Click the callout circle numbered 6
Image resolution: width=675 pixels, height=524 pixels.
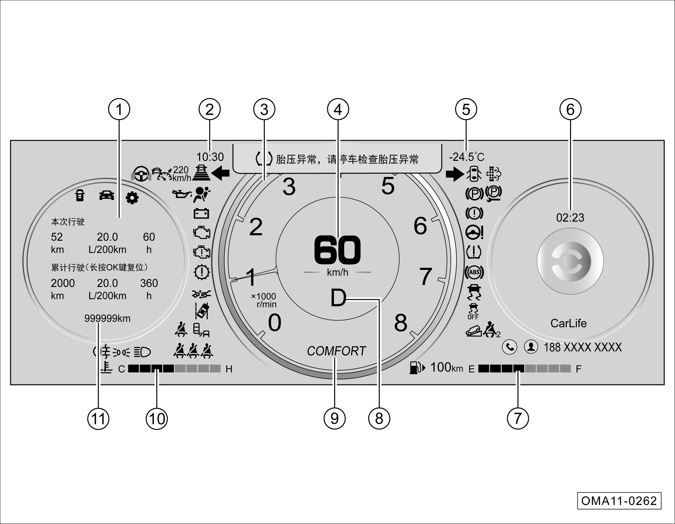(570, 109)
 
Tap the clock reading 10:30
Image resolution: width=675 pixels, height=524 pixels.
(210, 157)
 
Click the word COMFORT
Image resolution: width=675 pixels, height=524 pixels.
(336, 351)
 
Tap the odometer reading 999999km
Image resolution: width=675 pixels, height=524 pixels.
(107, 318)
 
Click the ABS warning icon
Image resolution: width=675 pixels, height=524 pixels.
(474, 272)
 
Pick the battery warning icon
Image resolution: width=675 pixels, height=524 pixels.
(201, 213)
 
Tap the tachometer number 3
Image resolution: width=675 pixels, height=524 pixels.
(289, 186)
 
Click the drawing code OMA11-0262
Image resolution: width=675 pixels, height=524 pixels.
(619, 501)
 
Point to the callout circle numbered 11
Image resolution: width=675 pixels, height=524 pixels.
(98, 419)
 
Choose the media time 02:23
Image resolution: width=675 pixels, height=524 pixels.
(570, 218)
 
